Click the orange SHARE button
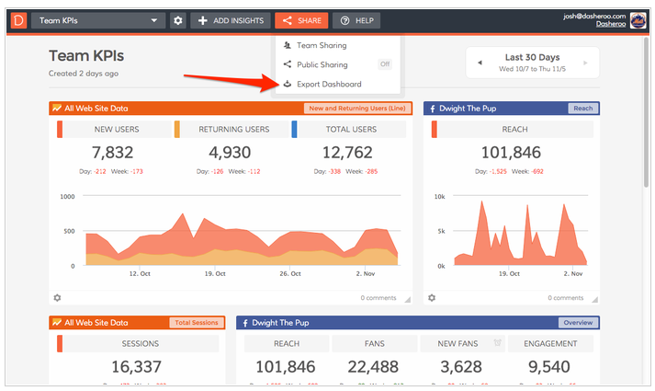click(x=300, y=20)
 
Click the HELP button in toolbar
click(x=356, y=20)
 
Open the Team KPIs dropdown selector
click(x=97, y=20)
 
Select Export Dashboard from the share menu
click(x=329, y=85)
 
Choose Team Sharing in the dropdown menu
click(x=322, y=45)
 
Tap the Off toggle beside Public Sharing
click(x=386, y=64)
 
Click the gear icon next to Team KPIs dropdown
click(x=177, y=20)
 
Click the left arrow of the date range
click(x=479, y=63)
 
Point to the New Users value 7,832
click(x=114, y=152)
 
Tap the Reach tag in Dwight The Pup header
click(x=582, y=109)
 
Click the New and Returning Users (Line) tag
click(x=356, y=109)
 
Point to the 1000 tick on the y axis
click(x=66, y=196)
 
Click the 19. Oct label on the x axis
click(x=216, y=273)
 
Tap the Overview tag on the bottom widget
click(x=578, y=323)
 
